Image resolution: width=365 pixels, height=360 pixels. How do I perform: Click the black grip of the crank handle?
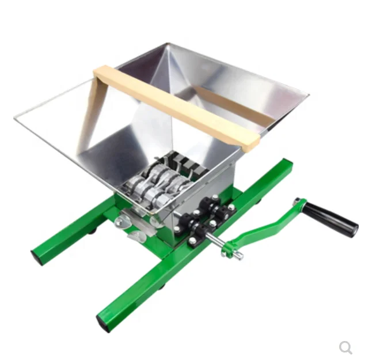pyautogui.click(x=331, y=218)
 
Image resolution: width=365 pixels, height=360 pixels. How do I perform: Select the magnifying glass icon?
pyautogui.click(x=345, y=347)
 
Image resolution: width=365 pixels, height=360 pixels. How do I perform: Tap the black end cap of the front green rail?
pyautogui.click(x=104, y=323)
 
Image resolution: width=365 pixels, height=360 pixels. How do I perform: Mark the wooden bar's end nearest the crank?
pyautogui.click(x=249, y=145)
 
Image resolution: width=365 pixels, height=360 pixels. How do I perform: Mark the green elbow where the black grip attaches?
pyautogui.click(x=299, y=204)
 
